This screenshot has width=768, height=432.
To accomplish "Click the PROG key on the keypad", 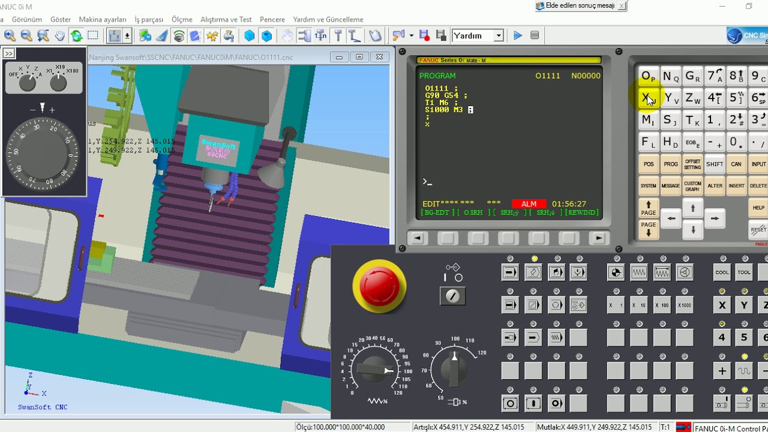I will pos(671,164).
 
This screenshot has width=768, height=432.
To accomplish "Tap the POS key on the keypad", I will pos(649,164).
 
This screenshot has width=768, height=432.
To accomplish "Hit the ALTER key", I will pos(715,186).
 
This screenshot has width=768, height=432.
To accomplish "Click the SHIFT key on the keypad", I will pos(715,164).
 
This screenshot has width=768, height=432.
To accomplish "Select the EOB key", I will pos(692,143).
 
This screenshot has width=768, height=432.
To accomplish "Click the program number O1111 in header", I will pos(547,76).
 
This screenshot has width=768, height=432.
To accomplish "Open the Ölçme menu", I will pos(182,19).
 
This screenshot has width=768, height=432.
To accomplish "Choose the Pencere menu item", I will pos(272,19).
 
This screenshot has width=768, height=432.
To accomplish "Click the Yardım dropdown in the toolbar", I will pos(478,35).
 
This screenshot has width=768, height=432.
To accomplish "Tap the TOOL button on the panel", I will pos(744,272).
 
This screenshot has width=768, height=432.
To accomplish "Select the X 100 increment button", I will pos(662,305).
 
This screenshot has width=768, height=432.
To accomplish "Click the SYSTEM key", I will pos(649,186).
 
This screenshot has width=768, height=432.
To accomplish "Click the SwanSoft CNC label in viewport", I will pos(43,407).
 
